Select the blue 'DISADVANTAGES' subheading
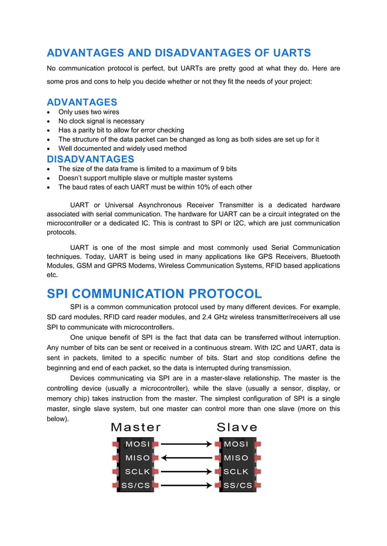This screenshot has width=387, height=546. point(90,159)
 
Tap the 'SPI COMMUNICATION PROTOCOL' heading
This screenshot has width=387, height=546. point(154,294)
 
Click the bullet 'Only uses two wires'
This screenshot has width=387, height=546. point(89,112)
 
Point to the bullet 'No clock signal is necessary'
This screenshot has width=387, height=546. point(101,121)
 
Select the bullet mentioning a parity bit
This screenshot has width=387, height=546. point(121,130)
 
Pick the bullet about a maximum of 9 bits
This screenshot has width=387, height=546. point(147,169)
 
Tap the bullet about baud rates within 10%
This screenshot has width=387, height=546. point(155,187)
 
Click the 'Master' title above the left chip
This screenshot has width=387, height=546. point(136,427)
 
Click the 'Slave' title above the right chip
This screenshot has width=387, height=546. point(237,427)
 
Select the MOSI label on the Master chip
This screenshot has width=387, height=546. point(137,444)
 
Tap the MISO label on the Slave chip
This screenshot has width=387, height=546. point(236,458)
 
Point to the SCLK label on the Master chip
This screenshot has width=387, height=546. point(137,472)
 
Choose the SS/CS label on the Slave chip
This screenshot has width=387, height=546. point(237,485)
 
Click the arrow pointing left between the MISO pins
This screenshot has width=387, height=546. point(187,458)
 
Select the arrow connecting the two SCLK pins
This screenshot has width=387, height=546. point(187,472)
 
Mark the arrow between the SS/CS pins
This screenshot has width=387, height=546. point(187,485)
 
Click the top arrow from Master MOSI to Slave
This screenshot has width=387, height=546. point(187,444)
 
